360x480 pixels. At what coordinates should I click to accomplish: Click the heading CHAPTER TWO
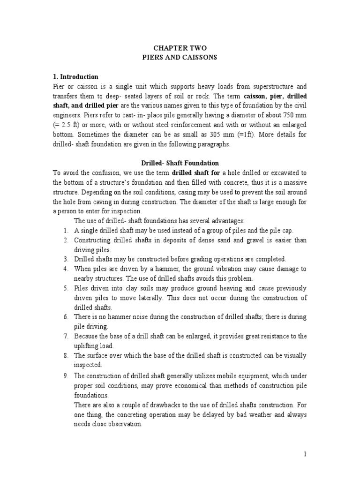(x=180, y=48)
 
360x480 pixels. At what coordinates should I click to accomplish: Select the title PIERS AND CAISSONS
(x=180, y=57)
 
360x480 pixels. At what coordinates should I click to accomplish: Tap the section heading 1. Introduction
(x=75, y=77)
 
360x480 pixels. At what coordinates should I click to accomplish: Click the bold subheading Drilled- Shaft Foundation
(x=180, y=163)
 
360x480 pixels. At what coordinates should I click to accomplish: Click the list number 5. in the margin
(x=66, y=288)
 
